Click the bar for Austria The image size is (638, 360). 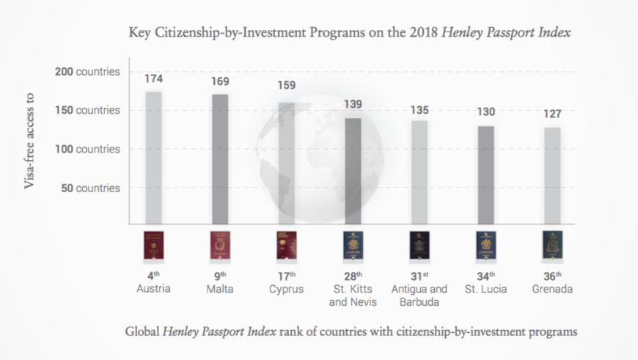pos(153,158)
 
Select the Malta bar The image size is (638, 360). pos(220,159)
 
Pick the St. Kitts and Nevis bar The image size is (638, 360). pos(353,171)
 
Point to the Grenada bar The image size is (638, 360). pos(552,176)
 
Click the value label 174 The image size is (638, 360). pos(154,77)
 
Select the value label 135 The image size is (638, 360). pos(419,110)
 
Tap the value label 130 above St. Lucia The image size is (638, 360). pos(486,112)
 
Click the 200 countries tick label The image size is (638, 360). pos(87,72)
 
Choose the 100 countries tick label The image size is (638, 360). pos(87,149)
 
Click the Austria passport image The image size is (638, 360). pos(154,246)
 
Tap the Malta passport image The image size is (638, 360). pos(220,246)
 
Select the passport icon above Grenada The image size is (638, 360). pos(552,246)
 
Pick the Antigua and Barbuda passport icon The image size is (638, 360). pos(419,246)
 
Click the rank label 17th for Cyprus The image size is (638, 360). pos(286,276)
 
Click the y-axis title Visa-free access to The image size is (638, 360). pos(30,139)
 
